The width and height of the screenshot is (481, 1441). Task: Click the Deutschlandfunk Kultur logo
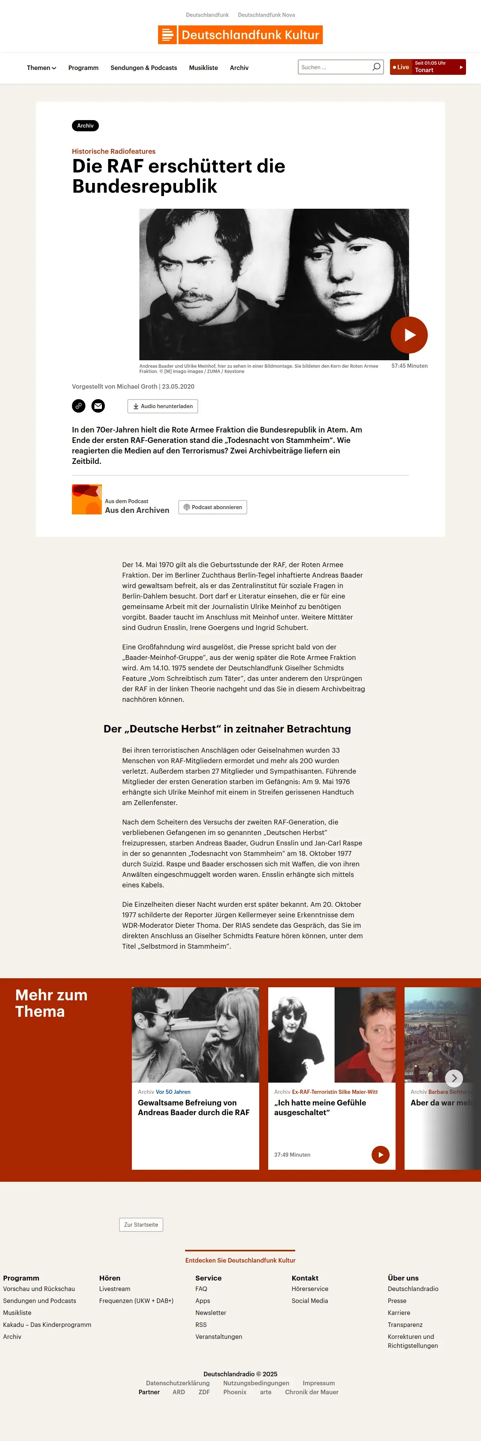coord(240,35)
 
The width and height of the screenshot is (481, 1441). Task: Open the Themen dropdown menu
coord(42,68)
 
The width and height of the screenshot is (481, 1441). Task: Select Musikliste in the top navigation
coord(203,68)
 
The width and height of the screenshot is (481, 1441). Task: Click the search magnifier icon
coord(376,67)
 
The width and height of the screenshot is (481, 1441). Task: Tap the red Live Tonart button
coord(427,67)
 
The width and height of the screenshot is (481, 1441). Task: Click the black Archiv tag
coord(85,126)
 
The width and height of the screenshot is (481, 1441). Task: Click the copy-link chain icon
coord(78,406)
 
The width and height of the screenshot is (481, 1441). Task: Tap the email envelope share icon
coord(98,406)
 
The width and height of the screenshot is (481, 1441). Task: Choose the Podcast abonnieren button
coord(212,507)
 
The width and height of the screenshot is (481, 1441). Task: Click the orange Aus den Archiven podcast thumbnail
coord(87,499)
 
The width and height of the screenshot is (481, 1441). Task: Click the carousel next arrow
coord(454,1078)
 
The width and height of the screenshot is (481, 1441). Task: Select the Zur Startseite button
coord(141,1224)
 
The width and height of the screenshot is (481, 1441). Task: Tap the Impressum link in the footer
coord(319,1383)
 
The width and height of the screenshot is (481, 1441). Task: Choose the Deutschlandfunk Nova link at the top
coord(266,15)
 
